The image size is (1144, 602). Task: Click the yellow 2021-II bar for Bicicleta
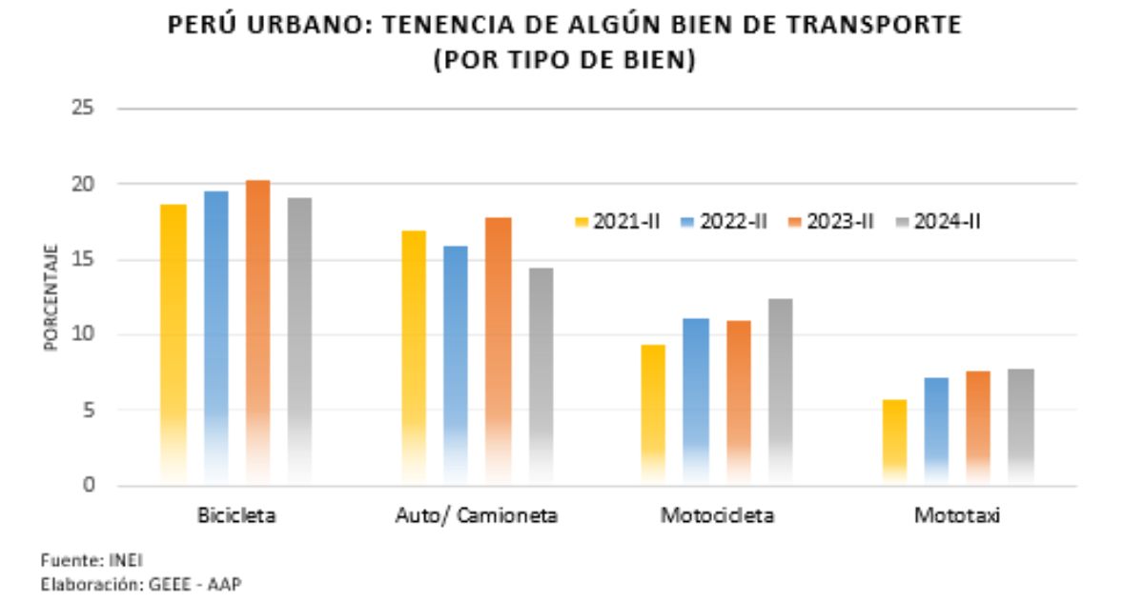174,343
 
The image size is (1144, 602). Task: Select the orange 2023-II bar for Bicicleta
257,333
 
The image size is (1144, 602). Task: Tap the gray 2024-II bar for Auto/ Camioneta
541,376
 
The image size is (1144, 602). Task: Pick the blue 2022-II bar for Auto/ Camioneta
457,367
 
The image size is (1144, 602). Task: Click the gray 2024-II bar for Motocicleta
779,391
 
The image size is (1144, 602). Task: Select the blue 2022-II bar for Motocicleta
696,400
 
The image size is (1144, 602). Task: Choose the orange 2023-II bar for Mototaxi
979,429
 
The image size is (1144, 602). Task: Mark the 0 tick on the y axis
88,486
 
